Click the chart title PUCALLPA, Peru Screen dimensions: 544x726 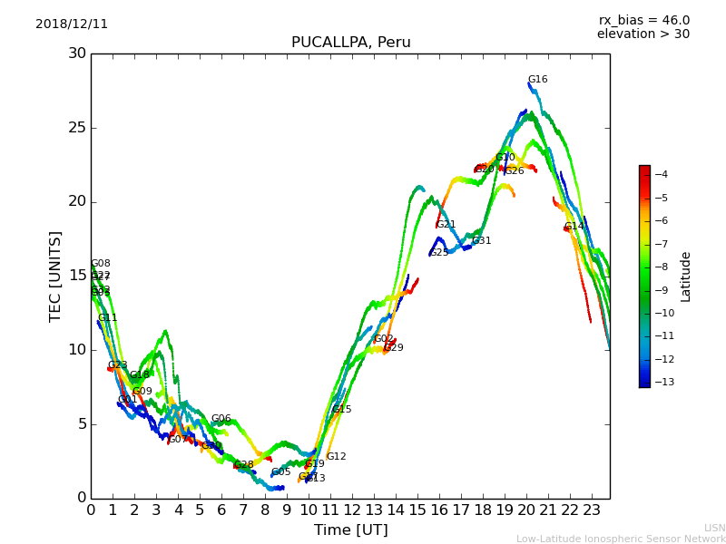point(350,43)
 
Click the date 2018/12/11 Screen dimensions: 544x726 point(72,24)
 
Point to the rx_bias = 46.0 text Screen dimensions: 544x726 point(643,21)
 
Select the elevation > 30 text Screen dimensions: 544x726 point(643,34)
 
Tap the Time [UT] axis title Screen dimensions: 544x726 point(350,530)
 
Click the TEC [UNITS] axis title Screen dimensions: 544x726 point(56,276)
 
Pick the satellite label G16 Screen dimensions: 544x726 point(537,80)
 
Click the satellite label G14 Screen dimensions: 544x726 point(574,227)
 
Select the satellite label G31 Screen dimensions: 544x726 point(481,241)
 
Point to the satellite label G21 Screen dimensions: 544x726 point(446,225)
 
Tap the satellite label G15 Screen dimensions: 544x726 point(341,410)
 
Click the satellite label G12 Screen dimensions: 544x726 point(336,457)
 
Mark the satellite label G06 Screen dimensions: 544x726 point(221,419)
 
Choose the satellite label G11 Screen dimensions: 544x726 point(107,318)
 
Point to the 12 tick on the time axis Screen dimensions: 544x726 point(352,510)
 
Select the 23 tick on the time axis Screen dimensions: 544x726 point(592,510)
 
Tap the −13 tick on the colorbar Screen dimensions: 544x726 point(661,382)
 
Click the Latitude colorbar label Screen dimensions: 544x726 point(686,277)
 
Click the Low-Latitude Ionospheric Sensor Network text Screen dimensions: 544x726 point(621,539)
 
